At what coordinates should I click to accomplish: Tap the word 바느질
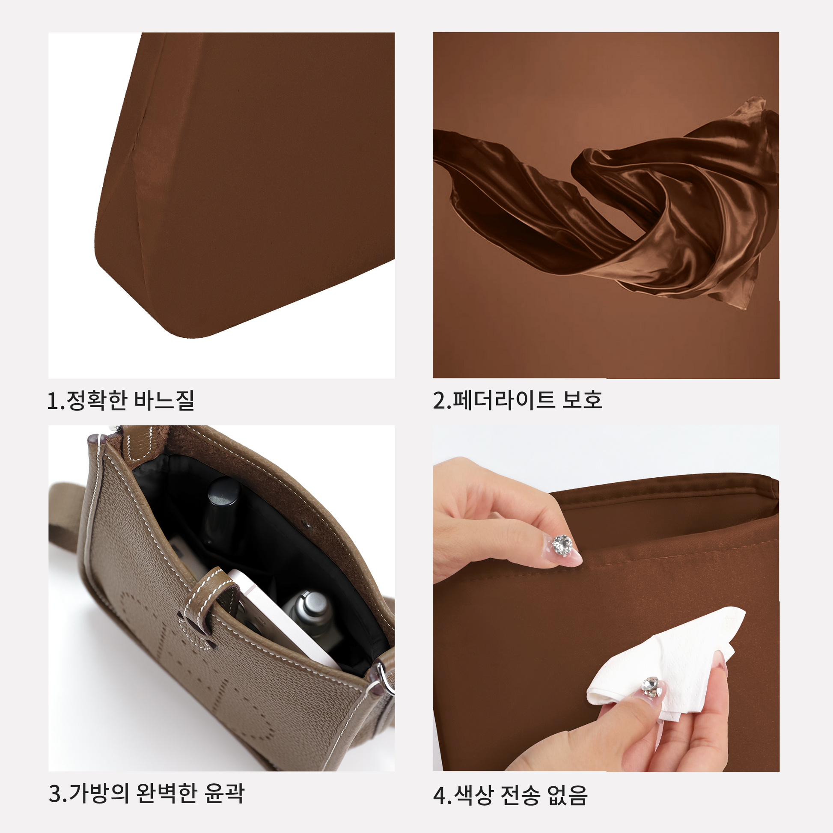[164, 400]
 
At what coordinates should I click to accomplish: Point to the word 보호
[582, 400]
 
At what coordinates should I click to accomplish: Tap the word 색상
[473, 794]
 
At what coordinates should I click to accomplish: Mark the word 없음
[567, 794]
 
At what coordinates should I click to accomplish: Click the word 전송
[520, 794]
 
